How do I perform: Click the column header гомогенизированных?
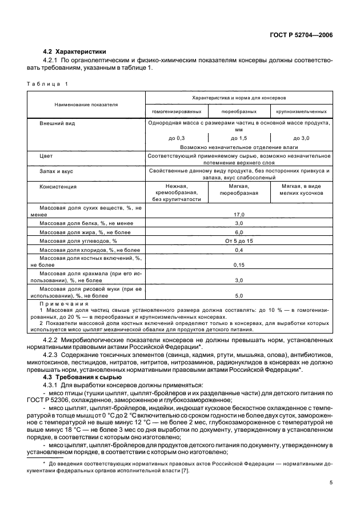177,112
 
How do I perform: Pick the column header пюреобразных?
238,112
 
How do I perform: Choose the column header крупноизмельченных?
301,112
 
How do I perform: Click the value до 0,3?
177,138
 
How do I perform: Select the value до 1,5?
238,138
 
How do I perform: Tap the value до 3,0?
301,138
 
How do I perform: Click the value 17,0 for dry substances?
238,214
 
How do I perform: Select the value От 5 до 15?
238,241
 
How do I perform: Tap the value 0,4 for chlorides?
238,250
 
